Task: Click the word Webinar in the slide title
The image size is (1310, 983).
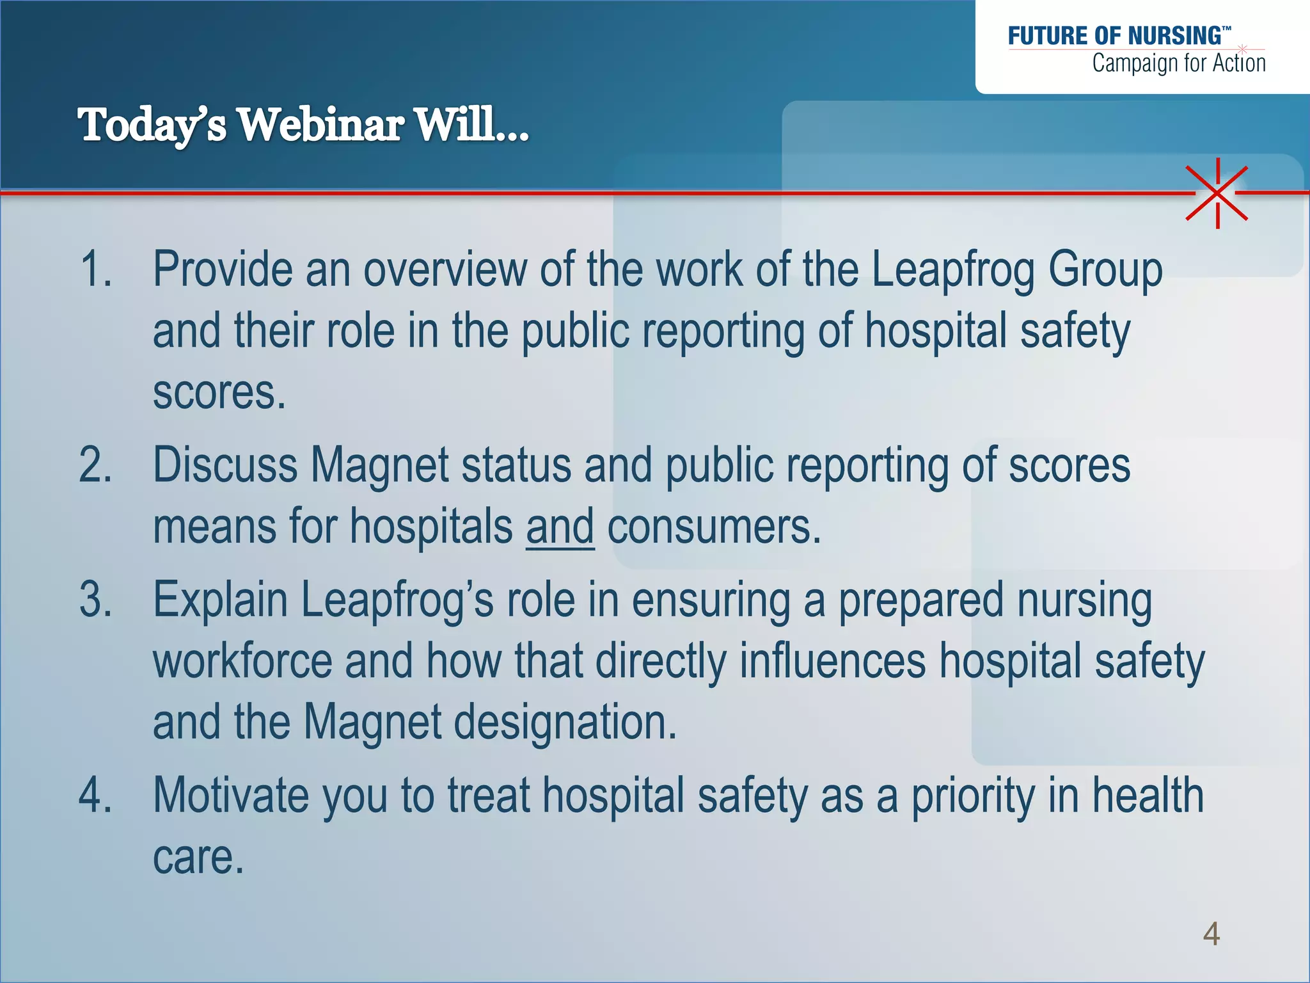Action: (320, 124)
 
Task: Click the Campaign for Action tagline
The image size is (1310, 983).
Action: (1178, 63)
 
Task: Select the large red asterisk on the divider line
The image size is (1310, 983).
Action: (1217, 193)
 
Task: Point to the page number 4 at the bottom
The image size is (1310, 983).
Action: (1211, 934)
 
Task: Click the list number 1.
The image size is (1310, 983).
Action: (96, 269)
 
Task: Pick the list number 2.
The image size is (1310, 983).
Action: (96, 465)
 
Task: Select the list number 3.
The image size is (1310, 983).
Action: (96, 600)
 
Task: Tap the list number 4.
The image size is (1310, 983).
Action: (96, 795)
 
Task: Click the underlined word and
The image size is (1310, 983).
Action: (560, 527)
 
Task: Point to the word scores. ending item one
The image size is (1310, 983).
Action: (219, 392)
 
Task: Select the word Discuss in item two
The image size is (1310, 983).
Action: (225, 465)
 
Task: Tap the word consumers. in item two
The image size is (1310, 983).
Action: (714, 527)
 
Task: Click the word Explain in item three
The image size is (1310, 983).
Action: (220, 600)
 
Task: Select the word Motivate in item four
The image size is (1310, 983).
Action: (231, 795)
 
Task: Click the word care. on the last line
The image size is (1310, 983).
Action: (198, 857)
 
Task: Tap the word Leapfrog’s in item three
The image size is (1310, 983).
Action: (397, 600)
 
